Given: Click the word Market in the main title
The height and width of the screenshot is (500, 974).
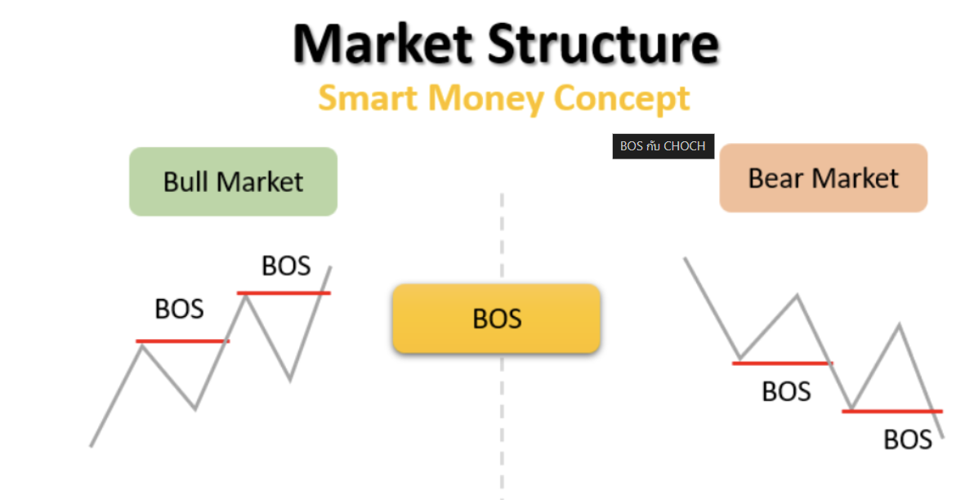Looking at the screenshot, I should point(383,44).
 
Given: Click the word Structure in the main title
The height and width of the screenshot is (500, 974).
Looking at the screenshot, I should point(604,44).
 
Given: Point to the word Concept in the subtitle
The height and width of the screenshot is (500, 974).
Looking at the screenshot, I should point(622,99).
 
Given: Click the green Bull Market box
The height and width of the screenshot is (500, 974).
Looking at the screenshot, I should point(233,181).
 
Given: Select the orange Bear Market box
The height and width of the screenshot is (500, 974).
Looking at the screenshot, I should point(823,178).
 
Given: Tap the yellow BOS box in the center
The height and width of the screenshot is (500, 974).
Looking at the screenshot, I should point(497,318).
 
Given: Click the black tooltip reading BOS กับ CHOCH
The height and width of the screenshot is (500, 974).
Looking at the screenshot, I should point(663,146).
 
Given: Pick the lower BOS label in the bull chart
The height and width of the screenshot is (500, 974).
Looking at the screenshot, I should point(179,309).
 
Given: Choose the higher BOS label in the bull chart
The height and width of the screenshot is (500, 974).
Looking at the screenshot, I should point(286,266).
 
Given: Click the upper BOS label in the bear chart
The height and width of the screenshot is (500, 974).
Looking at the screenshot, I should point(786,391).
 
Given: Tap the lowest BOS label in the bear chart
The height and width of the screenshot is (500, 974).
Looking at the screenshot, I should point(908,440).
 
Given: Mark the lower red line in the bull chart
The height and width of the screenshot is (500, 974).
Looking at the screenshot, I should point(182,341).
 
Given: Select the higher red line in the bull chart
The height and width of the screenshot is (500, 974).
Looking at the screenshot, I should point(284,292).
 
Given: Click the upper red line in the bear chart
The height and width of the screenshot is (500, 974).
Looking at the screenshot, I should point(780,363).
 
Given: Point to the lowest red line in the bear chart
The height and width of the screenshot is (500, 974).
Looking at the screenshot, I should point(891,411).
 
